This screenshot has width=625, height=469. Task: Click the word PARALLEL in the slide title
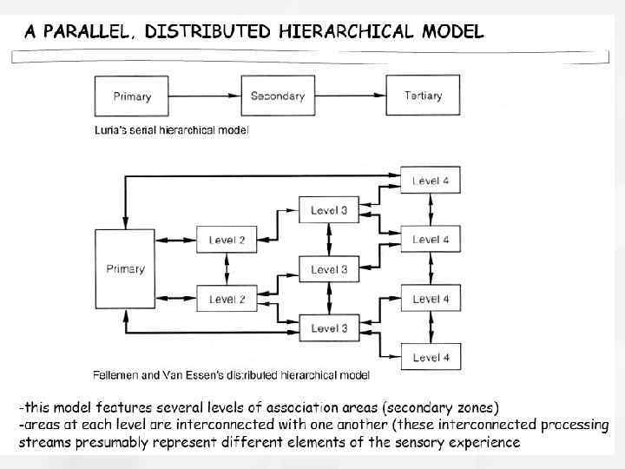tap(90, 32)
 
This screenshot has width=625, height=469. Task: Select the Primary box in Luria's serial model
tap(132, 96)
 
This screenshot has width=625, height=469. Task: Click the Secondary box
tap(277, 96)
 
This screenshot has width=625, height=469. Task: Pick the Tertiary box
tap(423, 96)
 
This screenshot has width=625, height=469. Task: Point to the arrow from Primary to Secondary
tap(205, 96)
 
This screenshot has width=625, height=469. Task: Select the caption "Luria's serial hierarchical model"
tap(171, 130)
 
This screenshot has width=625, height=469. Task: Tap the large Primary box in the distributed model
tap(126, 268)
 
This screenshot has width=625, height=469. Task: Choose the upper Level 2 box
tap(227, 240)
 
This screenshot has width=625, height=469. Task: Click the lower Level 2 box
tap(227, 300)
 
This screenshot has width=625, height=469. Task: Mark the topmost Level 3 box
tap(329, 210)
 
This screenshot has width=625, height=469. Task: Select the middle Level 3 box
tap(329, 269)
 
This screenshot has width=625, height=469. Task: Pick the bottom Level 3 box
tap(329, 328)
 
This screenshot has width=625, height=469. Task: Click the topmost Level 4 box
tap(431, 181)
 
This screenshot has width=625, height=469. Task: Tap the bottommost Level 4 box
tap(431, 357)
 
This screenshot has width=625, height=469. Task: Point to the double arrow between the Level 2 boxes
tap(227, 269)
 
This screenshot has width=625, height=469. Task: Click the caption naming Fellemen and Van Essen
tap(231, 375)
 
